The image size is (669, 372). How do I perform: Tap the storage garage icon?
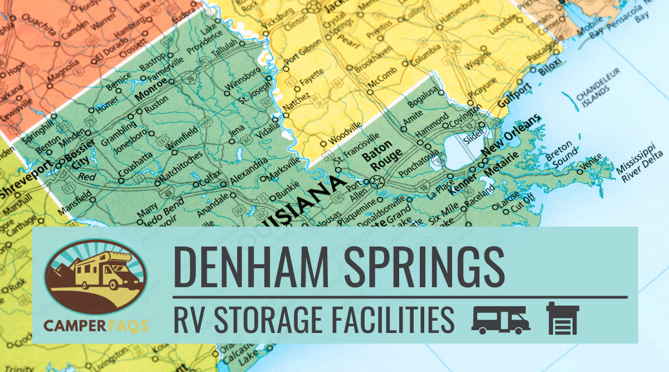(x=563, y=319)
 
